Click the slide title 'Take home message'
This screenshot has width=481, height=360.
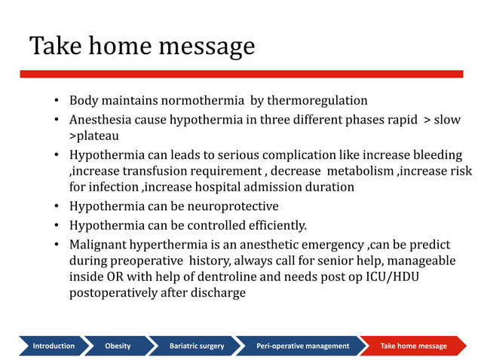click(x=142, y=47)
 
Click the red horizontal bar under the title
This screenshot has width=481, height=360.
click(x=241, y=74)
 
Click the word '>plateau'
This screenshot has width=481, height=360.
click(x=94, y=136)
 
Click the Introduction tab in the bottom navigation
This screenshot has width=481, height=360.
click(x=53, y=346)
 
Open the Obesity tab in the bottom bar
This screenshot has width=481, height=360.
click(x=118, y=346)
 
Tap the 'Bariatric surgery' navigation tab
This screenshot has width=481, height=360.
click(x=196, y=346)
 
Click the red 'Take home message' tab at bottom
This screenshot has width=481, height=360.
click(x=413, y=346)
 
